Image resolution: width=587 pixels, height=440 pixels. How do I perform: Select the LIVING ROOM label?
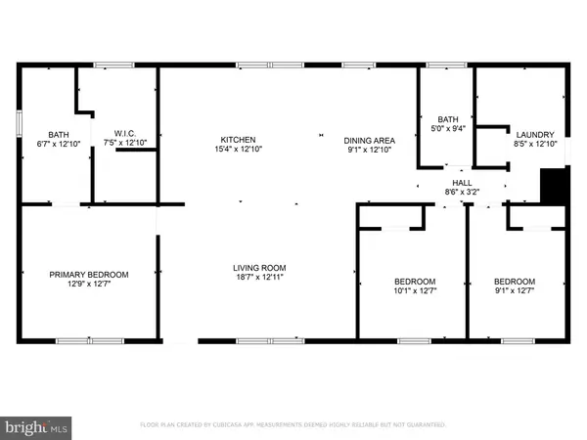point(258,268)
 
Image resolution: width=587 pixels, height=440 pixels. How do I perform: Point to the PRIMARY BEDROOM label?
point(89,275)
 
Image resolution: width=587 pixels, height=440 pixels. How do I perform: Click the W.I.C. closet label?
point(123,135)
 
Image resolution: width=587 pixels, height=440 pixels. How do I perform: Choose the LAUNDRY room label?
point(535,135)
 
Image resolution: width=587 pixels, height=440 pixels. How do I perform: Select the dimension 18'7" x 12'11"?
point(258,278)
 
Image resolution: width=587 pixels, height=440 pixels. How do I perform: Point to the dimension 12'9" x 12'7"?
point(89,285)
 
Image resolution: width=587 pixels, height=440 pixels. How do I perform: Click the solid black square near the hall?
point(554,187)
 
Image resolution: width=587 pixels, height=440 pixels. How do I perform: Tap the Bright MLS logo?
point(38,426)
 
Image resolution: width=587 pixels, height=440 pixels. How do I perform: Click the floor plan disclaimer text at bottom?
point(293,425)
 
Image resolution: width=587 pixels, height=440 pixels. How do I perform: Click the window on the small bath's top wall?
point(446,66)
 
